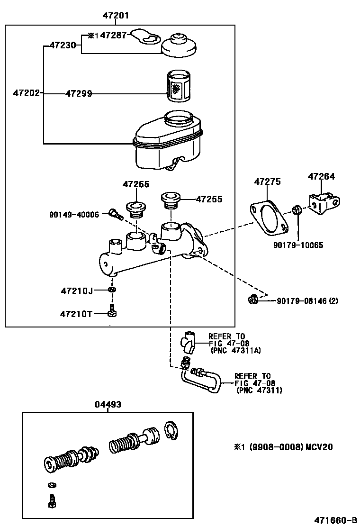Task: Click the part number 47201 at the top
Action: click(x=116, y=16)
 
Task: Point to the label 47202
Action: click(x=27, y=93)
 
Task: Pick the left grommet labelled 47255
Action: click(x=135, y=209)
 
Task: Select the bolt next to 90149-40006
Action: click(x=115, y=215)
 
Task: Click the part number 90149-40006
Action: click(x=74, y=215)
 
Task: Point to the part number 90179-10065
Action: click(x=298, y=245)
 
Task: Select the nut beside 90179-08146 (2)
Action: click(x=252, y=299)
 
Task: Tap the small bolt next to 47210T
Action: click(x=112, y=312)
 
